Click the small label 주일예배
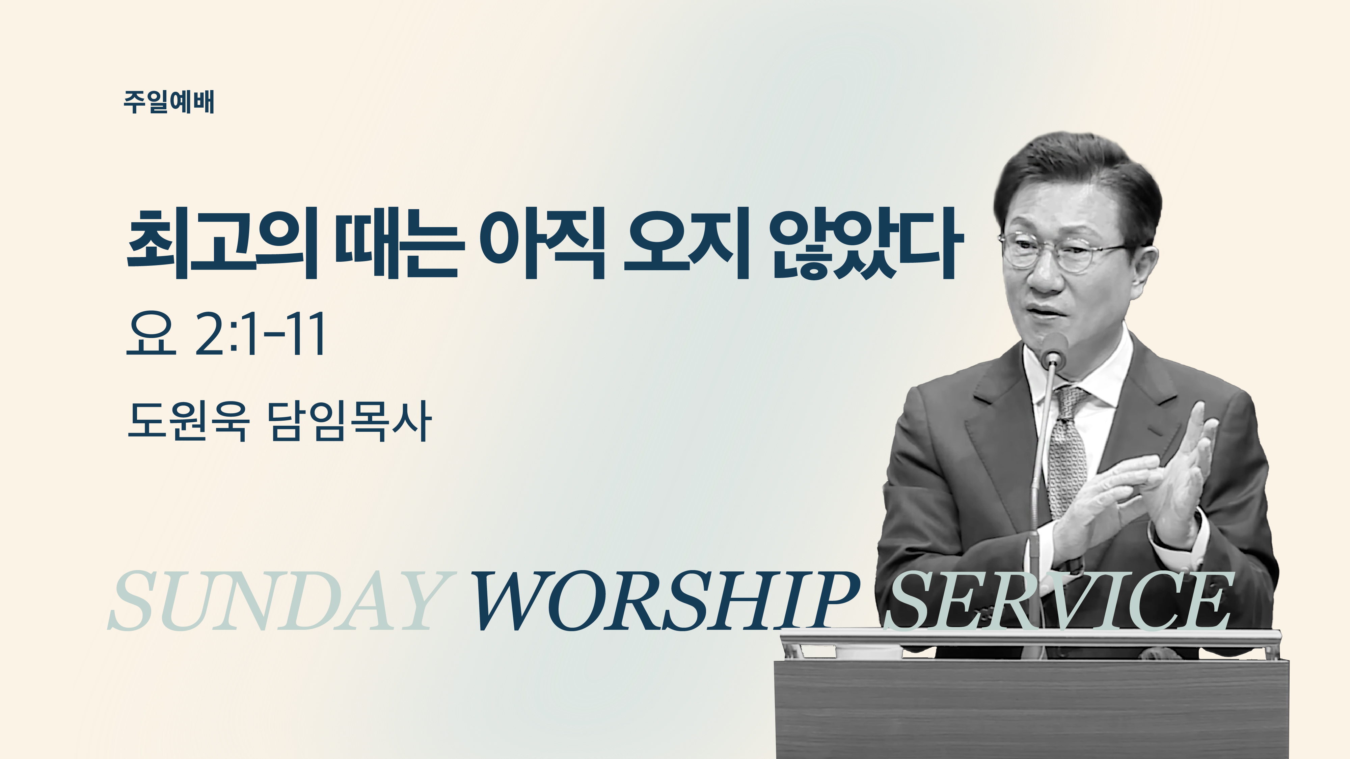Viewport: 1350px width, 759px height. [169, 102]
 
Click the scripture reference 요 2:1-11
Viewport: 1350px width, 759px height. [225, 334]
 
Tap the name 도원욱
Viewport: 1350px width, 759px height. [187, 421]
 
